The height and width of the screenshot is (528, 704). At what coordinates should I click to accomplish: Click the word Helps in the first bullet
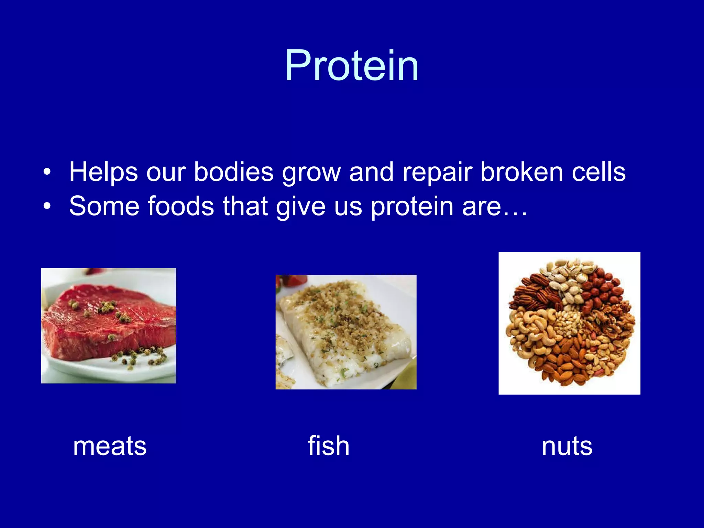[103, 172]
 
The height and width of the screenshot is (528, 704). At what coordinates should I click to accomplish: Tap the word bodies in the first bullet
[234, 172]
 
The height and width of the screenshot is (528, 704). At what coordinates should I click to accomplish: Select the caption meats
[110, 446]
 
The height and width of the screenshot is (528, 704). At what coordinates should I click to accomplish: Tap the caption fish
[328, 445]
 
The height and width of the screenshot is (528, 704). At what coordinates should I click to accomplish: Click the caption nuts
[567, 446]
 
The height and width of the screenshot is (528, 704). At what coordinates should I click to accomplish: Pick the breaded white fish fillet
[344, 327]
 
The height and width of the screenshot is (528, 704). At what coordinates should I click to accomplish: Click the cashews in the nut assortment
[529, 330]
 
